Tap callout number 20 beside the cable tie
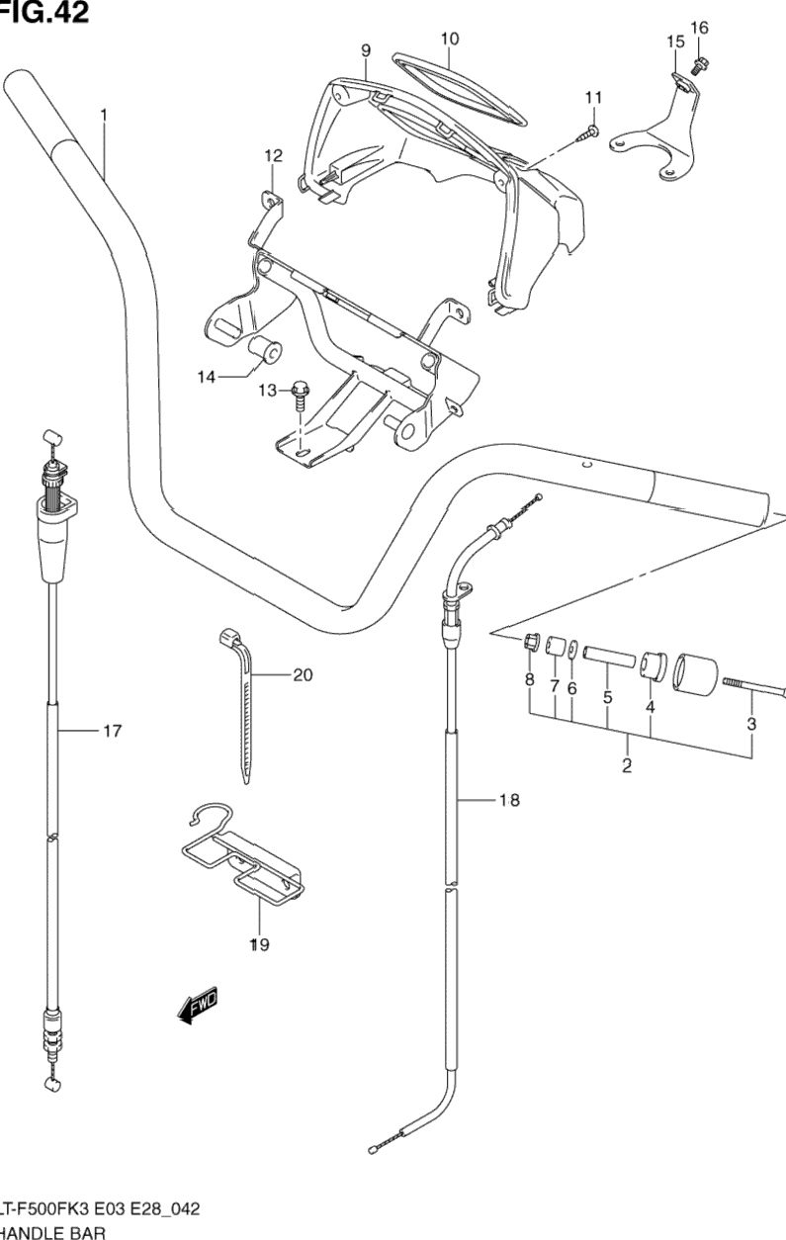(303, 676)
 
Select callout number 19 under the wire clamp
(258, 945)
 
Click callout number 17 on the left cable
(112, 732)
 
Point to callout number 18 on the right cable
(508, 801)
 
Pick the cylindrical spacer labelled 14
(266, 352)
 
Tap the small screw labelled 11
(589, 132)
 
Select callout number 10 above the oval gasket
(450, 40)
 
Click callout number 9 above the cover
(365, 49)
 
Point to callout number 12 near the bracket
(273, 155)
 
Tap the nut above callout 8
(530, 644)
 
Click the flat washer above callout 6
(574, 650)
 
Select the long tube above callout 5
(605, 656)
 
